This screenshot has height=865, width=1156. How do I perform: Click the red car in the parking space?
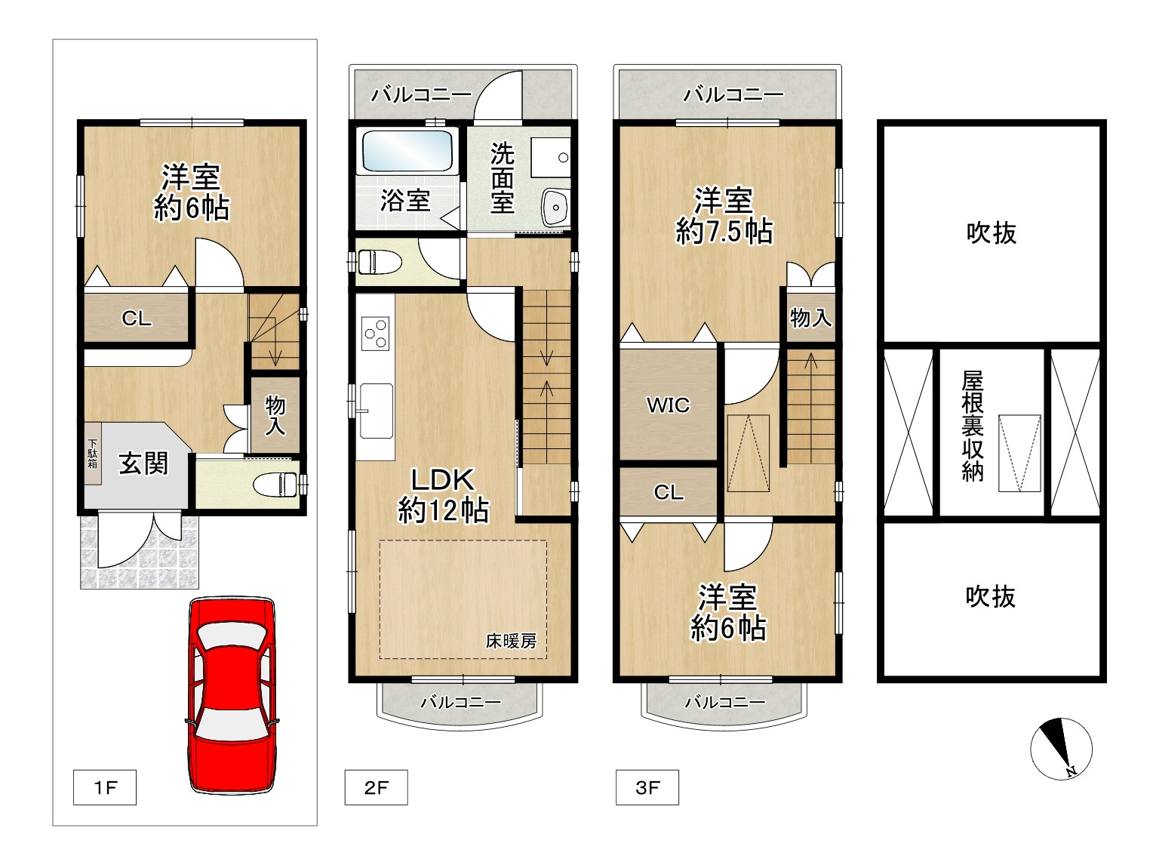tap(232, 695)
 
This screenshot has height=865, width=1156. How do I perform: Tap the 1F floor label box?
tap(105, 787)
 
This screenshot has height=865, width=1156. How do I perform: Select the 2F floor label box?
tap(376, 787)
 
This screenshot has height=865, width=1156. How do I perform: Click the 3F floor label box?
tap(647, 787)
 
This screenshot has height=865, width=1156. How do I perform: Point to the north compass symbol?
tap(1061, 749)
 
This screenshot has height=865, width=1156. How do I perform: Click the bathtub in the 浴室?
tap(407, 150)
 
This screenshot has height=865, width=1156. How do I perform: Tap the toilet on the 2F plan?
tap(380, 262)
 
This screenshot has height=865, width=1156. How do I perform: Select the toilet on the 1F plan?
tap(275, 484)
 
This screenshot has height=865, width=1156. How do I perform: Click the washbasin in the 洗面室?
tap(555, 207)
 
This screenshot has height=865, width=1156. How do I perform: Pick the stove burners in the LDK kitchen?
tap(376, 334)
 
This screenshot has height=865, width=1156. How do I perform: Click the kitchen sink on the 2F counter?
tap(376, 411)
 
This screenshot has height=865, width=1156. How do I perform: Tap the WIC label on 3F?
tap(668, 405)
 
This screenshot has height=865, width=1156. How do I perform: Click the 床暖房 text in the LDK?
tap(511, 641)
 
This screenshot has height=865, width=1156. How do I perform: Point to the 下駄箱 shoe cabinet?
tap(93, 454)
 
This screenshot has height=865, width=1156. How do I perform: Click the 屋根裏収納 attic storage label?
tap(973, 426)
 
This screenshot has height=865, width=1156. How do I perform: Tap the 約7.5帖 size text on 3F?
tap(724, 231)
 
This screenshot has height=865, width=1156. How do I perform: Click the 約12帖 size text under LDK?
tap(444, 510)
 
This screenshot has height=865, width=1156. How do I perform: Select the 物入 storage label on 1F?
tap(275, 416)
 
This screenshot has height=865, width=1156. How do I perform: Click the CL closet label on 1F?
tap(137, 319)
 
